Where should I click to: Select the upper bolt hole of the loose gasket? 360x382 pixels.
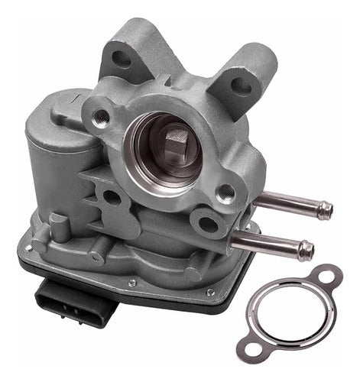click(x=329, y=274)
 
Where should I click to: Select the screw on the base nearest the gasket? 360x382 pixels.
click(x=211, y=292)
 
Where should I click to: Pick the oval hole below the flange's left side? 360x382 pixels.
click(x=112, y=197)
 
